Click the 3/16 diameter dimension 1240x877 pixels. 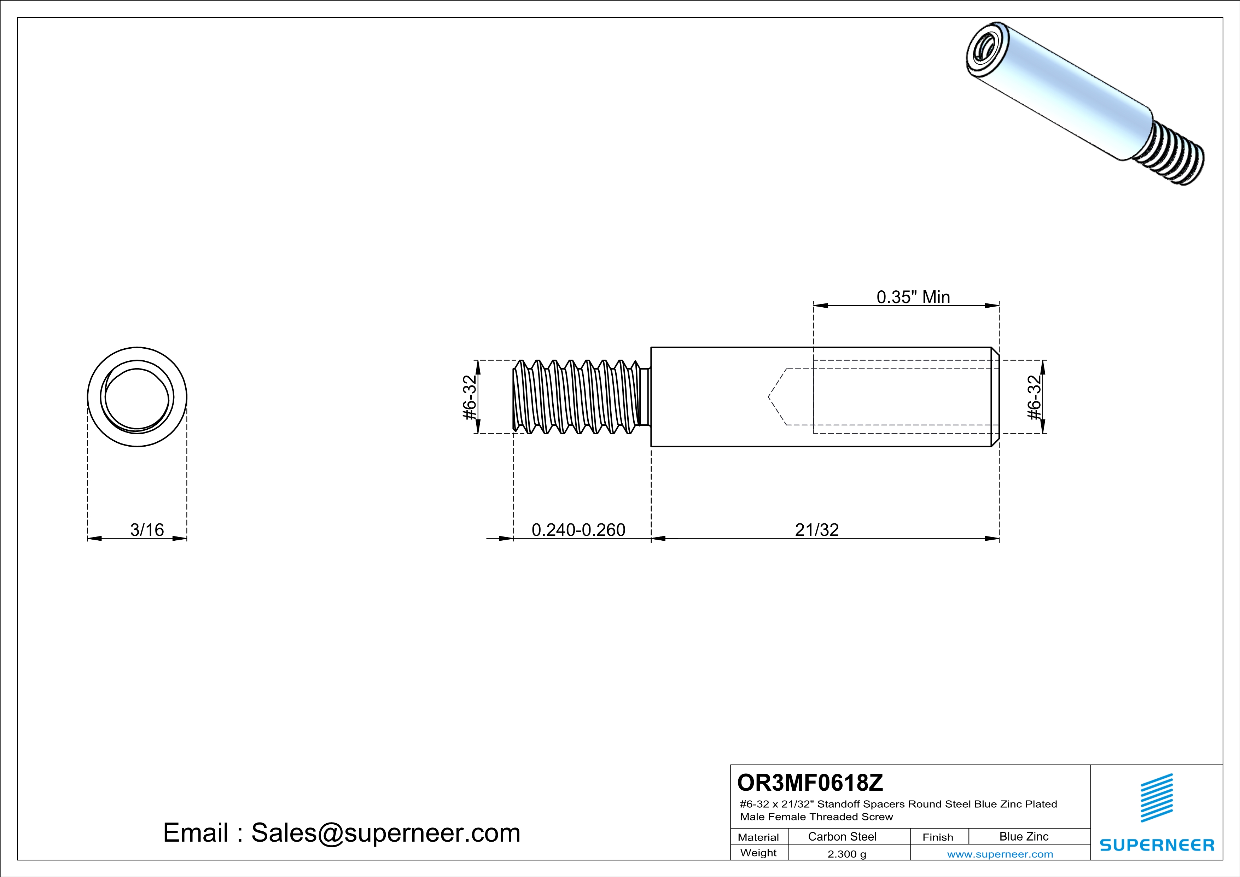coord(147,530)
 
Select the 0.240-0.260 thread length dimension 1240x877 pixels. coord(578,530)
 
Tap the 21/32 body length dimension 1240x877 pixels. coord(816,530)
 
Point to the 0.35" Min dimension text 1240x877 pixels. coord(913,297)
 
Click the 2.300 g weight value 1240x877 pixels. coord(847,854)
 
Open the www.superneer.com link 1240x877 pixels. coord(1000,854)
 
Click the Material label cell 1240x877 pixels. coord(758,837)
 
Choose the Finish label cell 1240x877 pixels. coord(938,837)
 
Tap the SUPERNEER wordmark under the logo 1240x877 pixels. coord(1157,845)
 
